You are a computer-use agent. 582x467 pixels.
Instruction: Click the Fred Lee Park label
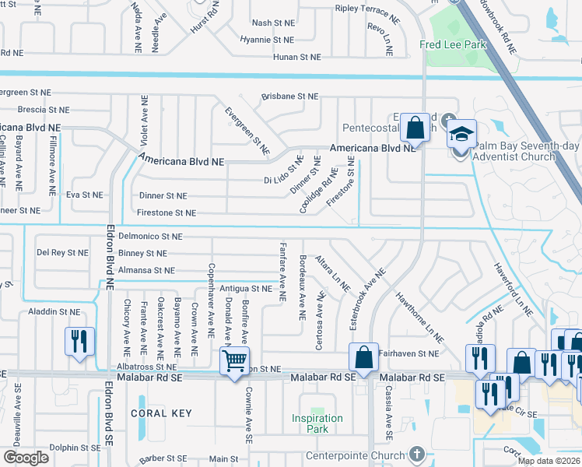pyautogui.click(x=452, y=44)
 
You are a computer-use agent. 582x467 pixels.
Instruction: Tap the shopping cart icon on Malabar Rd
pyautogui.click(x=234, y=361)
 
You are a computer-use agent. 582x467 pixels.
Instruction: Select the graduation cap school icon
pyautogui.click(x=461, y=135)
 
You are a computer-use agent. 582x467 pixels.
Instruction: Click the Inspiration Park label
pyautogui.click(x=317, y=423)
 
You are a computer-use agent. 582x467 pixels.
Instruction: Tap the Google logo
pyautogui.click(x=26, y=457)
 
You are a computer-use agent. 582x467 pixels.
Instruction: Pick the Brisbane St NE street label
pyautogui.click(x=289, y=97)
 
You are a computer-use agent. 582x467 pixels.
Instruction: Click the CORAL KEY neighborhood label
pyautogui.click(x=160, y=413)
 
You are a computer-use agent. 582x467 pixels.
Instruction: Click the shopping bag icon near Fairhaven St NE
pyautogui.click(x=363, y=357)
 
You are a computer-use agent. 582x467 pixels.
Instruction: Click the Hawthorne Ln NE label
pyautogui.click(x=419, y=318)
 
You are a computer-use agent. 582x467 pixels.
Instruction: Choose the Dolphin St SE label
pyautogui.click(x=75, y=448)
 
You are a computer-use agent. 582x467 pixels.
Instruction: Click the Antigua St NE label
pyautogui.click(x=245, y=287)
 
